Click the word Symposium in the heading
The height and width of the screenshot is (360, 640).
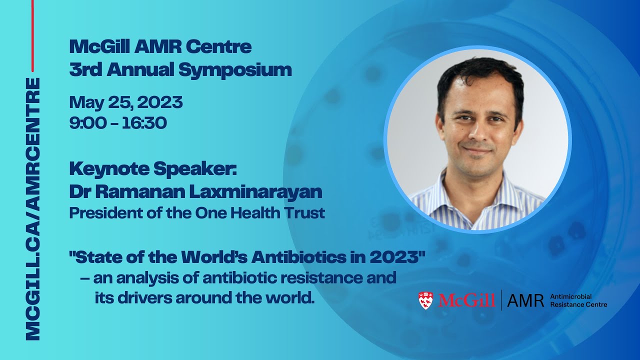235,70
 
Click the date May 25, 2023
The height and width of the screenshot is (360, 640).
126,102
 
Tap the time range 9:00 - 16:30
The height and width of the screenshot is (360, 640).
118,122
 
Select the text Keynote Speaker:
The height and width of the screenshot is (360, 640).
152,169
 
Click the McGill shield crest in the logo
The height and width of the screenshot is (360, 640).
425,300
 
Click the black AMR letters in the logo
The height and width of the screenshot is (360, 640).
525,300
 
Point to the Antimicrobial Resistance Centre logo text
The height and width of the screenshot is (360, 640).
578,300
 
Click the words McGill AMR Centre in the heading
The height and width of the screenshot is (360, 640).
160,47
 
